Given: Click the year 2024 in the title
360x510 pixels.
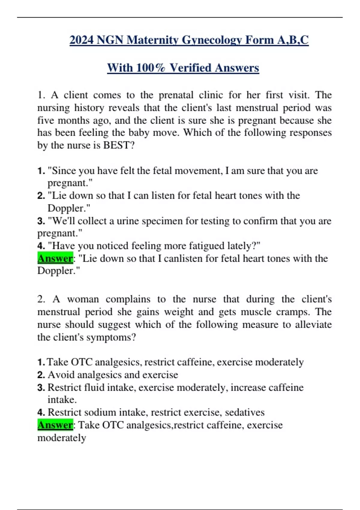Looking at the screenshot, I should (x=82, y=40).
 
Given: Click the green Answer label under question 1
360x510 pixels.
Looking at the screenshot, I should (x=55, y=258).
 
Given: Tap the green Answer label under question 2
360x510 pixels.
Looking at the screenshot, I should (x=55, y=425).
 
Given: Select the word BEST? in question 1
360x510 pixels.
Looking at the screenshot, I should (x=119, y=145).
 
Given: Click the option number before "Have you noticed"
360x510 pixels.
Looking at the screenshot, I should (x=41, y=246).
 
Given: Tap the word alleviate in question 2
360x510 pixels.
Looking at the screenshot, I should (x=313, y=324).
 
